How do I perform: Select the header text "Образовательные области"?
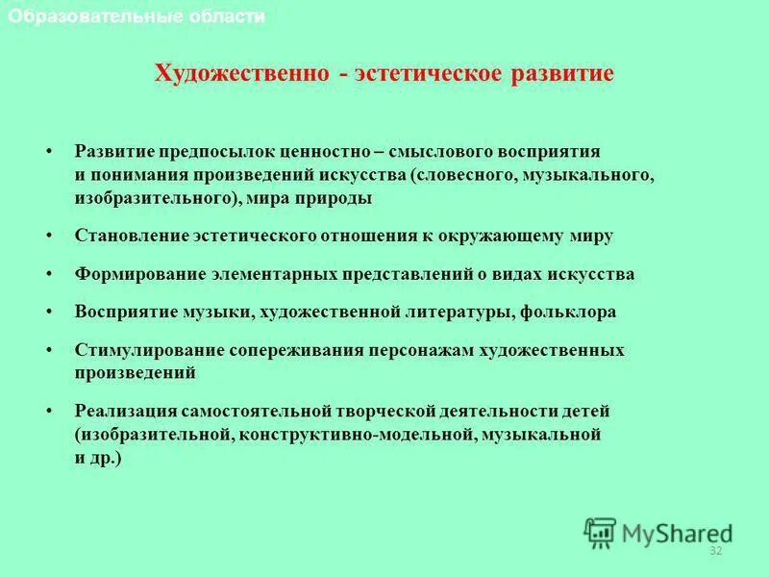click(x=135, y=16)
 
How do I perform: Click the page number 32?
click(x=714, y=551)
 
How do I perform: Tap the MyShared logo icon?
click(x=600, y=532)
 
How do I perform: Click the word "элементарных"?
click(x=275, y=274)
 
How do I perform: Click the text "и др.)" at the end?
click(x=99, y=458)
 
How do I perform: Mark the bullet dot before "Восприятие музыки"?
click(x=48, y=313)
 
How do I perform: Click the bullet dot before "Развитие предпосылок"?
click(x=48, y=152)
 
